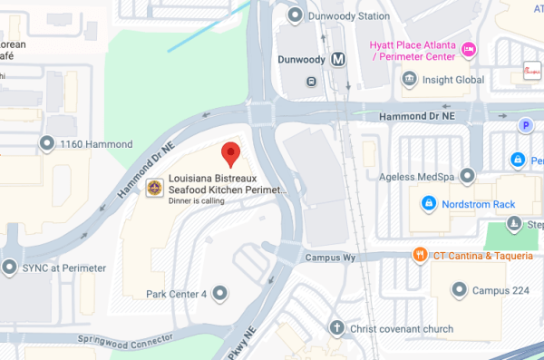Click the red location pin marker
pyautogui.click(x=231, y=155)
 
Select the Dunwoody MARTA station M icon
pyautogui.click(x=338, y=60)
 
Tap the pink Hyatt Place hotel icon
pyautogui.click(x=469, y=48)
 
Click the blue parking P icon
pyautogui.click(x=524, y=126)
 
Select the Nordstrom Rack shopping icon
pyautogui.click(x=428, y=204)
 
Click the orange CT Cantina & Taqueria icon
pyautogui.click(x=419, y=255)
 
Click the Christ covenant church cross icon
pyautogui.click(x=336, y=326)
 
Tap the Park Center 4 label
pyautogui.click(x=177, y=294)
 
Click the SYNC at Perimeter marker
pyautogui.click(x=10, y=268)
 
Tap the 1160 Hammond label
pyautogui.click(x=95, y=143)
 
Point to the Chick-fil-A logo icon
pyautogui.click(x=532, y=68)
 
